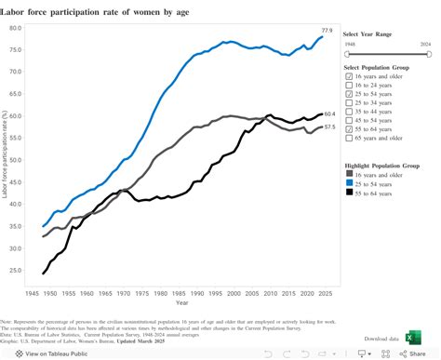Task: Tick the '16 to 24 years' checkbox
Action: coord(347,85)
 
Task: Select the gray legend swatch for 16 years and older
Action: coord(348,173)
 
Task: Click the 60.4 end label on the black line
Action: coord(329,114)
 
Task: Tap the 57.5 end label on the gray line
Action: coord(329,127)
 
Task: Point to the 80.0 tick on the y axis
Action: coord(16,27)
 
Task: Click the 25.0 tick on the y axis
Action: coord(16,270)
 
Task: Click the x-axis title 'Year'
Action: coord(181,302)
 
